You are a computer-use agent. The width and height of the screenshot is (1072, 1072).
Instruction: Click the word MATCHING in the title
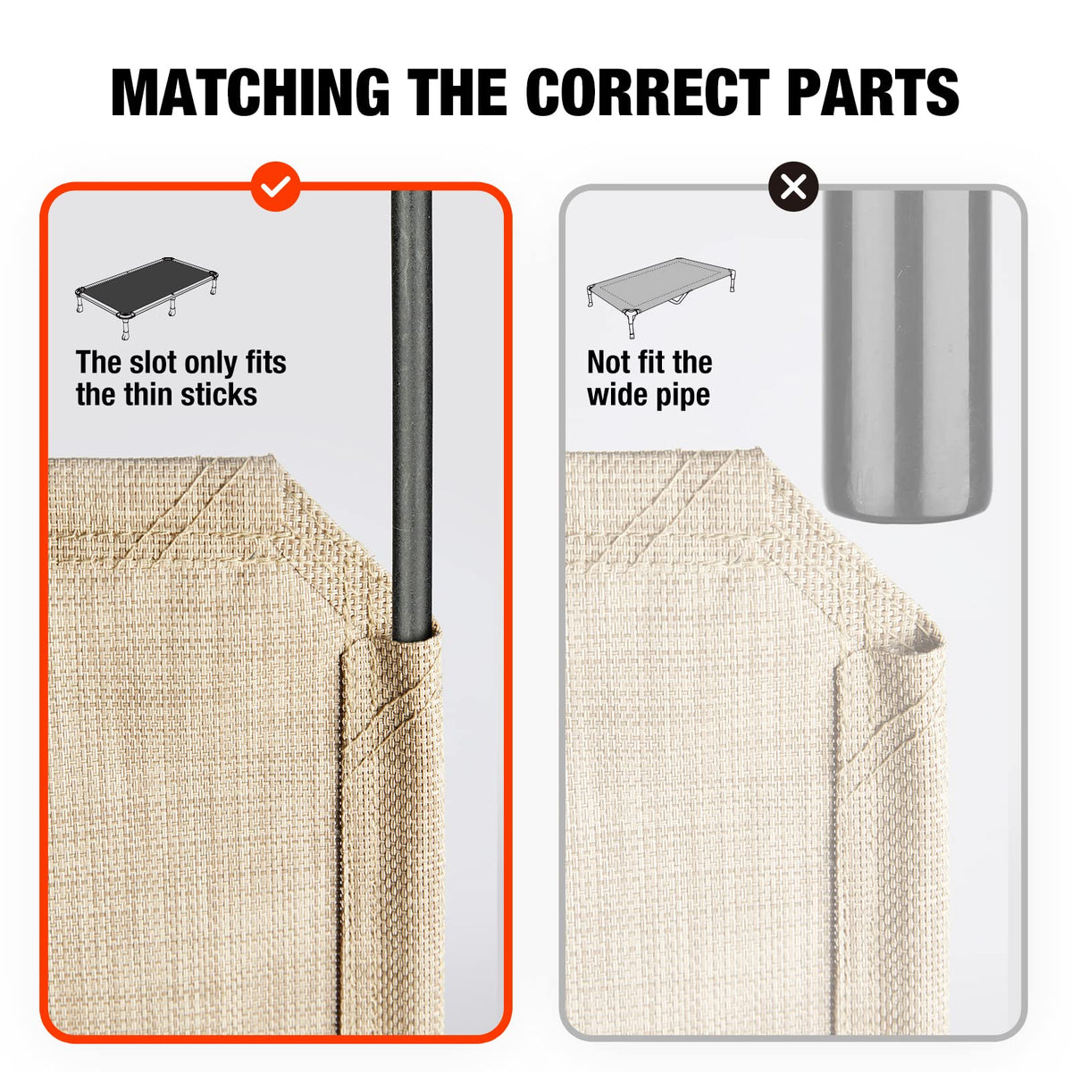click(x=250, y=92)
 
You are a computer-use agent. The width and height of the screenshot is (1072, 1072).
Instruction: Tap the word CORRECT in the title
click(x=648, y=92)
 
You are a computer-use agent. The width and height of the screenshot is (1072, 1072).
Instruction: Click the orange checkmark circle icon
click(x=276, y=187)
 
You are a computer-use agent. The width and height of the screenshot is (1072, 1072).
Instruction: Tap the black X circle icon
click(x=793, y=187)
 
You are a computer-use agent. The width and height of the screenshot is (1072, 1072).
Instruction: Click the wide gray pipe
click(x=908, y=356)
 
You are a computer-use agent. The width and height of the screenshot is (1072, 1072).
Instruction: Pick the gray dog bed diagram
click(x=660, y=297)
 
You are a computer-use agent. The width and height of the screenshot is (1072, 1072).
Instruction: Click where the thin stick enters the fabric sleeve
click(x=413, y=640)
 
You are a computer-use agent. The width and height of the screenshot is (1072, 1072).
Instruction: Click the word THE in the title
click(x=457, y=92)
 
